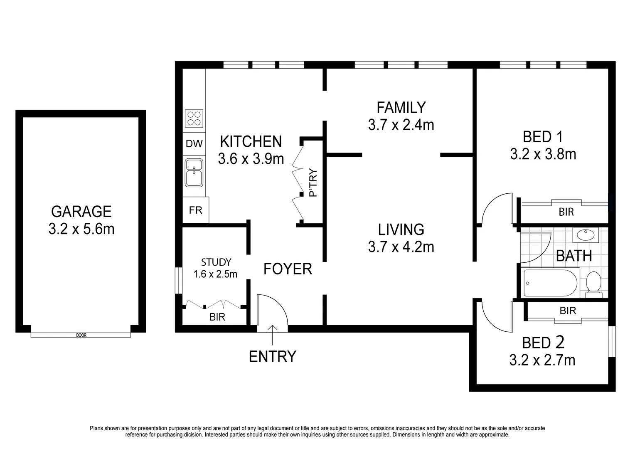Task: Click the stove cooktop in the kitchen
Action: pos(194,118)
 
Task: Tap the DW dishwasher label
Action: pos(194,144)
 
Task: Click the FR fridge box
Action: pos(195,210)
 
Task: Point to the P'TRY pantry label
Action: pos(313,183)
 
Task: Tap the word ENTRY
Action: pos(272,357)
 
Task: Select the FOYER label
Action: pos(288,269)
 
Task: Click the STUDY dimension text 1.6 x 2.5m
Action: pos(215,274)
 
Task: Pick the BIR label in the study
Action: pos(217,317)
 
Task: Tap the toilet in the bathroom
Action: pos(593,284)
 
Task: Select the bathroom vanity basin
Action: pos(586,235)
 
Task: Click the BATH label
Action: pos(574,256)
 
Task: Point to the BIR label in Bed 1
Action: pos(566,212)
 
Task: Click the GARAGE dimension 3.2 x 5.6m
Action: pos(81,229)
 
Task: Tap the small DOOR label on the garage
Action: pos(81,335)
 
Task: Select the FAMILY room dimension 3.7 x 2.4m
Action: pos(401,125)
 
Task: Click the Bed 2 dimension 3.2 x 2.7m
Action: pos(542,360)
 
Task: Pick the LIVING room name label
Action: pos(401,229)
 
